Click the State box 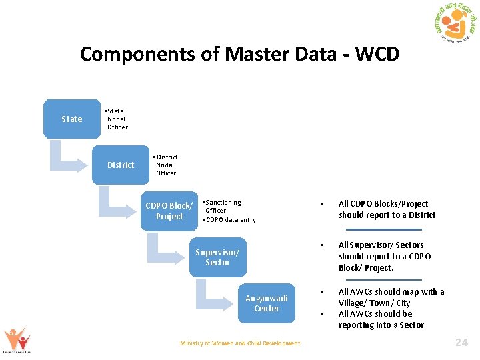[x=72, y=119]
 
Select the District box [x=121, y=165]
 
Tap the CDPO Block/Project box [x=169, y=211]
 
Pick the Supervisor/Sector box [x=217, y=257]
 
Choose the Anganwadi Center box [x=266, y=303]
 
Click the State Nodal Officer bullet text [x=117, y=119]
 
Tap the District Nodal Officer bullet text [x=165, y=165]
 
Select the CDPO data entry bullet [x=229, y=219]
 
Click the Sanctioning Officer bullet [x=223, y=206]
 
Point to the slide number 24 [x=461, y=342]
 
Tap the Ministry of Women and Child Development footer [x=240, y=343]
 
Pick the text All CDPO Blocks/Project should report [x=387, y=209]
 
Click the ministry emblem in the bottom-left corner [x=17, y=340]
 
